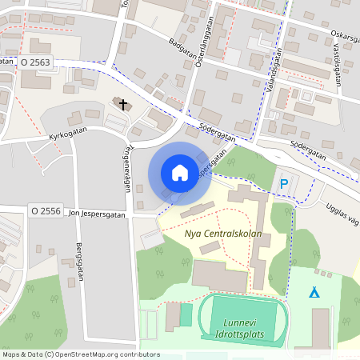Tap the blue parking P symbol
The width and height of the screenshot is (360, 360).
point(284,185)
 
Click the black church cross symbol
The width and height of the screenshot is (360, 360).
point(122,103)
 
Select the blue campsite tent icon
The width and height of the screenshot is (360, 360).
point(315,292)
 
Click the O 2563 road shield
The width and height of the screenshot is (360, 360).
point(36,62)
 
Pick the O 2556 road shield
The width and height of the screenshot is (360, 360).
point(46,211)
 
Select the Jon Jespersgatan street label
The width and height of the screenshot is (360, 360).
point(98,214)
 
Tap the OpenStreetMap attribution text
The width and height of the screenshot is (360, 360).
point(80,354)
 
